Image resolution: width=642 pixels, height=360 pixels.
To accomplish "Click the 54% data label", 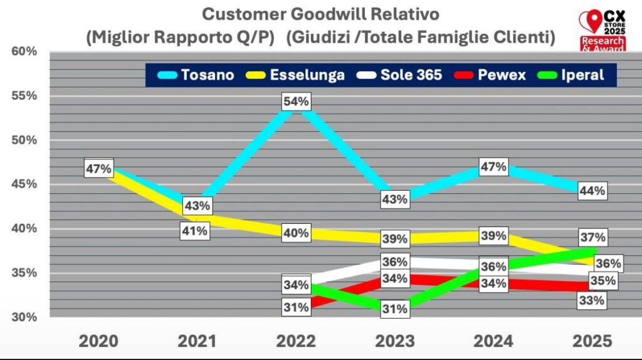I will click(x=296, y=102).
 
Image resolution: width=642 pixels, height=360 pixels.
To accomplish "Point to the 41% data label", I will click(x=194, y=231).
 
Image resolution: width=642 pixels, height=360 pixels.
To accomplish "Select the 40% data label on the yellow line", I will click(x=296, y=233).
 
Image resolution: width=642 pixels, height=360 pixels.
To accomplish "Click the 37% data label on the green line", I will click(x=592, y=237).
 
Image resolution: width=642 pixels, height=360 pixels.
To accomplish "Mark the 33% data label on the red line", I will click(x=591, y=300).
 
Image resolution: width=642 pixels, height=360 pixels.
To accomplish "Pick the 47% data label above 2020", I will click(x=99, y=169).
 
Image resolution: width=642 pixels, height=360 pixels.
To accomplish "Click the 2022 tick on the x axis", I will click(x=296, y=341).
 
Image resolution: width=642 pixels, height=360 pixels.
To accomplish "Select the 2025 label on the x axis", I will click(x=592, y=341).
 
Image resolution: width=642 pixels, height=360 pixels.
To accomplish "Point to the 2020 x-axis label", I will click(x=98, y=341).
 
